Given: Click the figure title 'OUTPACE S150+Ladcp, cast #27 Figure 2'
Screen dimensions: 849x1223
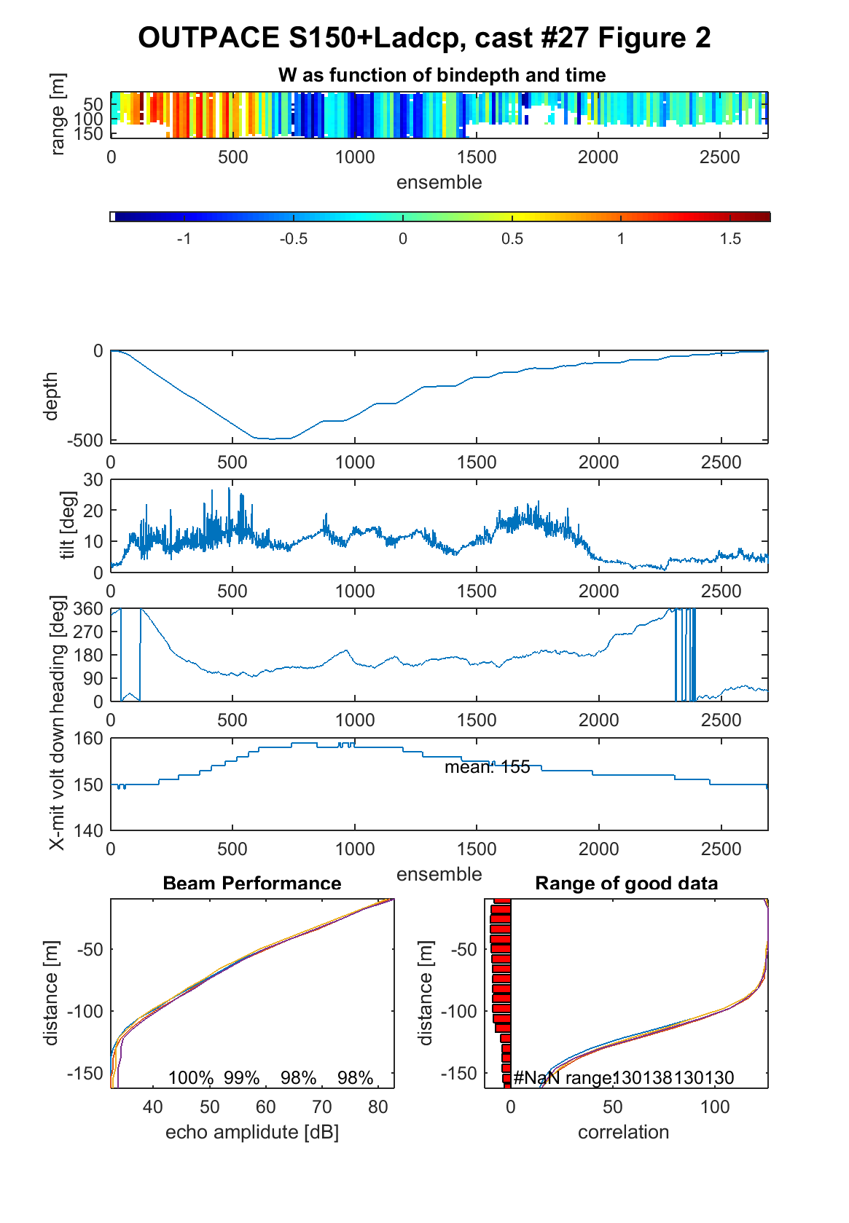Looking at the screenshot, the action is pyautogui.click(x=424, y=38).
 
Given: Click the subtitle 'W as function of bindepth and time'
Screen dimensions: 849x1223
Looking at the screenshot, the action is pyautogui.click(x=442, y=75).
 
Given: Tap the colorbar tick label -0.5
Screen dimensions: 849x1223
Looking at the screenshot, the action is pyautogui.click(x=294, y=239).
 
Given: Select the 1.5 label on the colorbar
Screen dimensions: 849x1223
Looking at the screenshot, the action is pyautogui.click(x=730, y=239).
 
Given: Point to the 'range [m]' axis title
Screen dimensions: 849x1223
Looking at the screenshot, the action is pyautogui.click(x=57, y=114).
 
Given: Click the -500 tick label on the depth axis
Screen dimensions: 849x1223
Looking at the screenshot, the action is pyautogui.click(x=85, y=440).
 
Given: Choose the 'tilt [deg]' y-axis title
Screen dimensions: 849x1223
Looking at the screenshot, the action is pyautogui.click(x=67, y=525).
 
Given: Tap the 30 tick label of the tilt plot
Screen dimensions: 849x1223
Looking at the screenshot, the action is pyautogui.click(x=93, y=480).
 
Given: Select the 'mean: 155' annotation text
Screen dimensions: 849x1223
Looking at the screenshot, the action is pyautogui.click(x=488, y=767).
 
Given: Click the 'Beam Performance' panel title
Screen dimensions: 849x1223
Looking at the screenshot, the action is pyautogui.click(x=252, y=883).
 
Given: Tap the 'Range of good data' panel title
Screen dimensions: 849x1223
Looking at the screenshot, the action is pyautogui.click(x=626, y=883).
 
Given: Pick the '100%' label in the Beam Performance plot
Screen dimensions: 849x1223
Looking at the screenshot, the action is pyautogui.click(x=191, y=1078).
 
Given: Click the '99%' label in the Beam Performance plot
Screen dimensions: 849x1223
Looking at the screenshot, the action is pyautogui.click(x=241, y=1078).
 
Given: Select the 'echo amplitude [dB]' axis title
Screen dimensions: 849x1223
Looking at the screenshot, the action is pyautogui.click(x=252, y=1132).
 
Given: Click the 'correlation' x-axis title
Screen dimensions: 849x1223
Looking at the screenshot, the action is pyautogui.click(x=623, y=1132).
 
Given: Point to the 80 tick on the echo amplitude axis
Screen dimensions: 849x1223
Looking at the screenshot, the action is pyautogui.click(x=377, y=1106).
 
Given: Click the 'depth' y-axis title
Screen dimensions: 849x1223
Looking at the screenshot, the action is pyautogui.click(x=50, y=396).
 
